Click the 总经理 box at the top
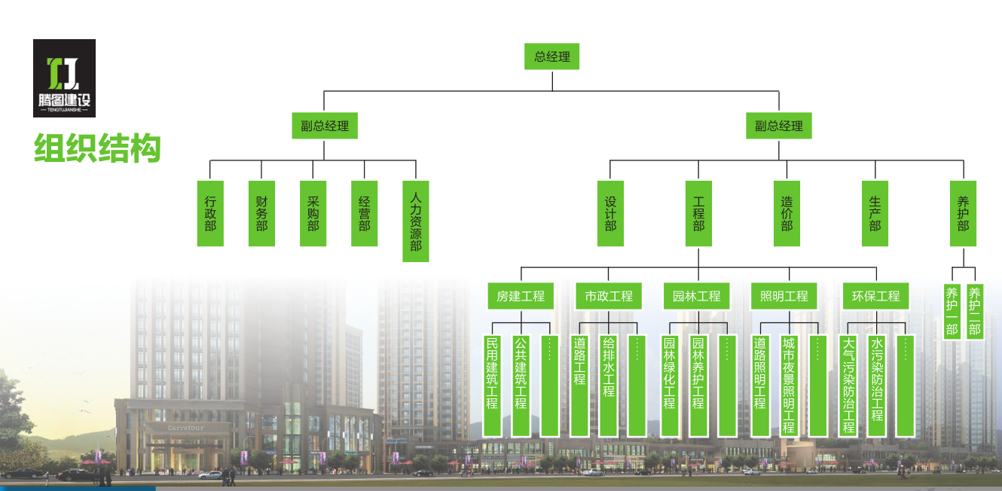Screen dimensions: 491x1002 click(x=552, y=56)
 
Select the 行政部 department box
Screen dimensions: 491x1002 click(x=210, y=213)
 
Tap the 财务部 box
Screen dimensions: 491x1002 click(x=261, y=213)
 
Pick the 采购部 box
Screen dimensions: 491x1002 click(x=313, y=213)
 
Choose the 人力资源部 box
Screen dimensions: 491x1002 click(x=416, y=221)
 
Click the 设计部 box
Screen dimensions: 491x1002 click(x=610, y=213)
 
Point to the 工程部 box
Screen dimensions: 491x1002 click(x=698, y=213)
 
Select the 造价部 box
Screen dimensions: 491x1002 click(x=787, y=213)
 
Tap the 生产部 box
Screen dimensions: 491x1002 click(x=875, y=213)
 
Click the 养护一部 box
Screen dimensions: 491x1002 click(x=952, y=311)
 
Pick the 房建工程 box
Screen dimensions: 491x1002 click(x=521, y=296)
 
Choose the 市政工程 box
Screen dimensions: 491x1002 click(x=609, y=296)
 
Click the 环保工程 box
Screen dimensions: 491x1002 click(x=875, y=296)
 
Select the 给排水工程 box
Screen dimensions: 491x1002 click(x=609, y=386)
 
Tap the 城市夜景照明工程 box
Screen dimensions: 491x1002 click(x=788, y=386)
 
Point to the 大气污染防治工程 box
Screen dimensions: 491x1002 click(x=849, y=386)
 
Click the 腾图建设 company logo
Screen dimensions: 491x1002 click(x=64, y=78)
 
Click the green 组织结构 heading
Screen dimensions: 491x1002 click(x=97, y=148)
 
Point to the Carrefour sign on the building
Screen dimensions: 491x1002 click(x=186, y=428)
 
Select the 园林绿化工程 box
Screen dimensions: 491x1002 click(x=669, y=386)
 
